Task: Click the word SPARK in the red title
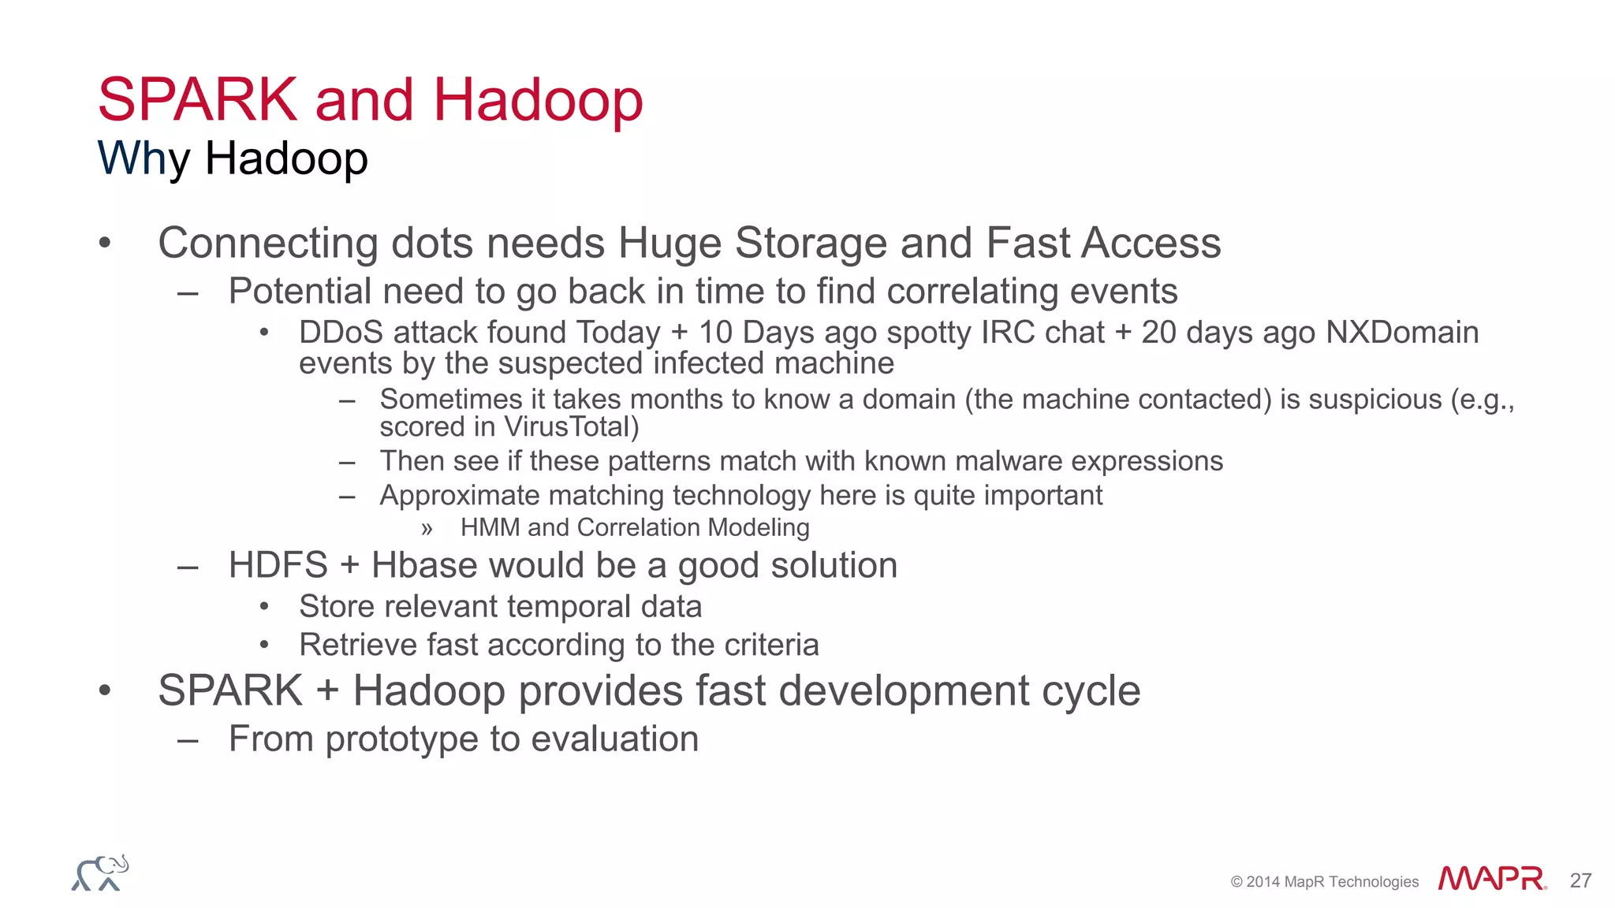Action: tap(197, 100)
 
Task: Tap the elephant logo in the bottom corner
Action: tap(100, 873)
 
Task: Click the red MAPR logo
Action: tap(1491, 879)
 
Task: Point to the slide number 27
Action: tap(1580, 880)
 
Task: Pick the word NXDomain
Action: tap(1401, 333)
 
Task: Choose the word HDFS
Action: tap(278, 565)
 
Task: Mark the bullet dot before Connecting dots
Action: tap(105, 243)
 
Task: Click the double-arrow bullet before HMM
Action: tap(427, 528)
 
